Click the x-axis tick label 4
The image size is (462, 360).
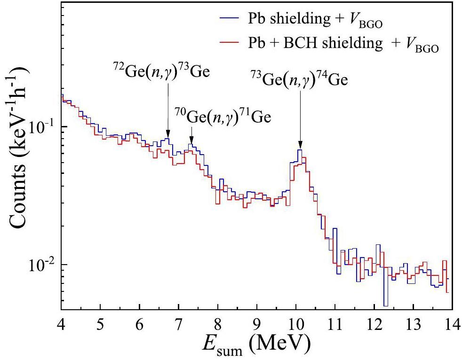[x=62, y=324]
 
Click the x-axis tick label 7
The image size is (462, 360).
[x=178, y=324]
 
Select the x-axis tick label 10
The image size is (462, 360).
[x=295, y=324]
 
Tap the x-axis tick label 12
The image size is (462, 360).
[x=374, y=324]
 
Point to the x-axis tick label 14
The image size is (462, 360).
[x=451, y=324]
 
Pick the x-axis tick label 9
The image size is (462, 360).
[x=256, y=324]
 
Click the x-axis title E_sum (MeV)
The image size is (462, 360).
[x=256, y=346]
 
